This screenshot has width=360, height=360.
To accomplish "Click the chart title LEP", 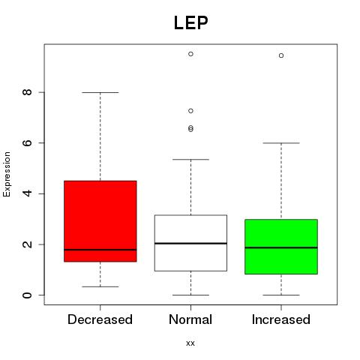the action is pyautogui.click(x=190, y=23).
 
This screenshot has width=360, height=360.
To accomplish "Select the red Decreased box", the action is pyautogui.click(x=100, y=221).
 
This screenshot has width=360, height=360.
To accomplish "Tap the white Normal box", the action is pyautogui.click(x=190, y=243).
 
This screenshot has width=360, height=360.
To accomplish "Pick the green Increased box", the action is pyautogui.click(x=281, y=247).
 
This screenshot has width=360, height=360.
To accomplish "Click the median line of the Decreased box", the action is pyautogui.click(x=100, y=250).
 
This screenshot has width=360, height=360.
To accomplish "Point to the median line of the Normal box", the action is pyautogui.click(x=190, y=243).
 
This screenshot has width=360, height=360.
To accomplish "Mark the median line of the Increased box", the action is pyautogui.click(x=281, y=247).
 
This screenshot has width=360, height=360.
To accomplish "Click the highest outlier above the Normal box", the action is pyautogui.click(x=190, y=54).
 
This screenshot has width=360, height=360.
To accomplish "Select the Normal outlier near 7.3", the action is pyautogui.click(x=190, y=111).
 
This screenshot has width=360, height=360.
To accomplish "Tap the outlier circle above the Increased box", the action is pyautogui.click(x=281, y=55).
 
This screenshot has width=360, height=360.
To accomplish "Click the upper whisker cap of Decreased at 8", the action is pyautogui.click(x=100, y=92).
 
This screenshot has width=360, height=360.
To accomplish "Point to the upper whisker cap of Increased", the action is pyautogui.click(x=281, y=143).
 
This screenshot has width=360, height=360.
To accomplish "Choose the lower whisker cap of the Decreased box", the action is pyautogui.click(x=100, y=286).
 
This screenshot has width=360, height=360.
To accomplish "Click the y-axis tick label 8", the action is pyautogui.click(x=27, y=92).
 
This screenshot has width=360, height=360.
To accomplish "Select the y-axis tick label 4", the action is pyautogui.click(x=27, y=193).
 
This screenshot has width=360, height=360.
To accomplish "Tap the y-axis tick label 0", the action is pyautogui.click(x=27, y=295).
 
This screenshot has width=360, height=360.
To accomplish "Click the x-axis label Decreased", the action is pyautogui.click(x=100, y=319).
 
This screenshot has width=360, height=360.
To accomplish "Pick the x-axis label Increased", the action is pyautogui.click(x=281, y=319).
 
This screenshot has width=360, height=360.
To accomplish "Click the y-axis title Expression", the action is pyautogui.click(x=7, y=174).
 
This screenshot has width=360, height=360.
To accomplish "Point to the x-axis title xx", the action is pyautogui.click(x=190, y=343).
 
